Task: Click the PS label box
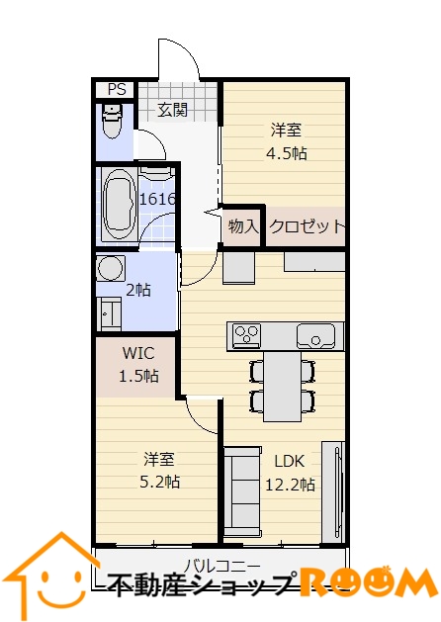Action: (x=117, y=89)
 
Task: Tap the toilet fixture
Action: (x=113, y=121)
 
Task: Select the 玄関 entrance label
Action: (x=172, y=110)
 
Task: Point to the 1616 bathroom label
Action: (x=157, y=199)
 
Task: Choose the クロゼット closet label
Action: (x=307, y=226)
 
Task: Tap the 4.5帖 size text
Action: (x=287, y=152)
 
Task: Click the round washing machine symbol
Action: (x=111, y=269)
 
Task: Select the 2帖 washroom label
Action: (x=138, y=291)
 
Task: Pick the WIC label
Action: (x=138, y=353)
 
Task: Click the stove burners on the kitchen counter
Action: (x=246, y=334)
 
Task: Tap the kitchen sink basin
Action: (x=315, y=336)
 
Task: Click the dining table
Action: (x=283, y=387)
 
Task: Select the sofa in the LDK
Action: (x=242, y=491)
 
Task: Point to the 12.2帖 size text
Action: (x=290, y=485)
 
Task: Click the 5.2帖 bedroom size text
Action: (x=160, y=482)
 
